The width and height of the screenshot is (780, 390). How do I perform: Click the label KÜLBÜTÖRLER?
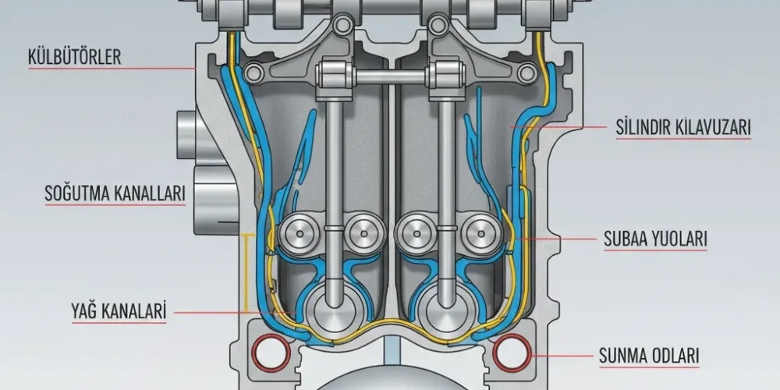75,57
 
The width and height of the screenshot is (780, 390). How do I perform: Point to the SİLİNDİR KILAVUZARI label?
683,128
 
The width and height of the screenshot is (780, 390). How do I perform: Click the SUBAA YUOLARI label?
655,239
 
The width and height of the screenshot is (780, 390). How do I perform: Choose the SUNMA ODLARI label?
649,356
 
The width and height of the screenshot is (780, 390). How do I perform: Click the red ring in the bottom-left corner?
271,353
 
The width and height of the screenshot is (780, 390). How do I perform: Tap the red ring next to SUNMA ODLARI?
512,353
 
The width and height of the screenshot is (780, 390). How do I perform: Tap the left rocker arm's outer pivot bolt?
253,73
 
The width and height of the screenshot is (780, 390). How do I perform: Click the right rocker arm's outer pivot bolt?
526,73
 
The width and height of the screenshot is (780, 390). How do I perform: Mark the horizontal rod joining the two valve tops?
391,76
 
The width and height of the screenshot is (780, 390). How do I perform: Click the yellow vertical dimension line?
245,272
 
